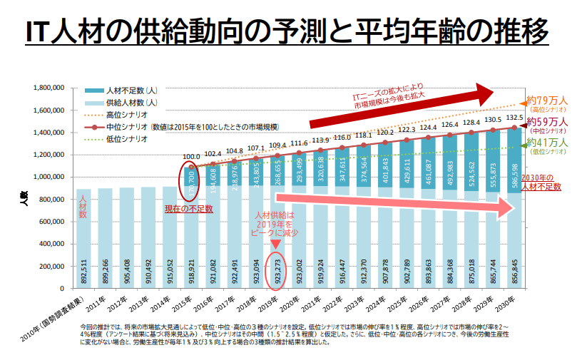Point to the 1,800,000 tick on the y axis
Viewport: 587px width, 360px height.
coord(49,88)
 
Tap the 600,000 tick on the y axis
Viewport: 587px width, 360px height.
coord(52,222)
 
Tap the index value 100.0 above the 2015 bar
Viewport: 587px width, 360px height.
coord(191,157)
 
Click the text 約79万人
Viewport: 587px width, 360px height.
coord(547,100)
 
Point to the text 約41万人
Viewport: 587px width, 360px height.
coord(547,143)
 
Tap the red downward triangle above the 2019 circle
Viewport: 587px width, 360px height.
coord(276,243)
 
